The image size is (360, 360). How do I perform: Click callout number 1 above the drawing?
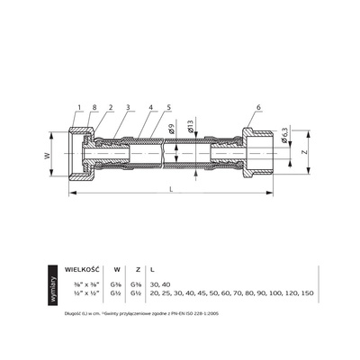79,109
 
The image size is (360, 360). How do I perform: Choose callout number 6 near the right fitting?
259,109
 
